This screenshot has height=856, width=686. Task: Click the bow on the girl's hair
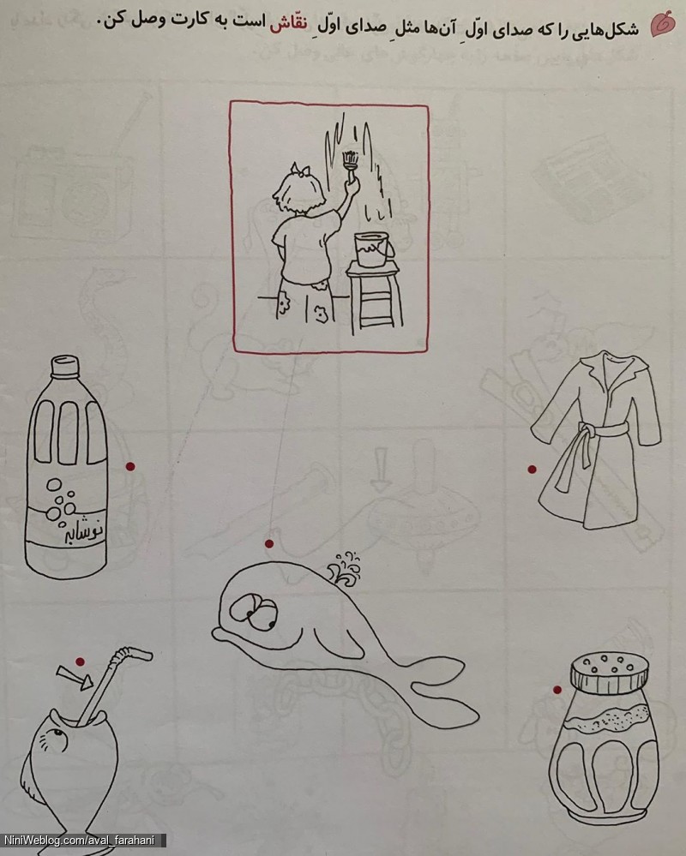(x=300, y=170)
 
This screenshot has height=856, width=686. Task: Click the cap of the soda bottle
(x=65, y=366)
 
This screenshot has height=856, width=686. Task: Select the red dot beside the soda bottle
(x=130, y=466)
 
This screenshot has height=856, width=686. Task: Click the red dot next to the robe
(x=532, y=469)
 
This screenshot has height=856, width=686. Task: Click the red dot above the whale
(x=269, y=544)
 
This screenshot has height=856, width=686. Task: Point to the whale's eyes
(x=255, y=612)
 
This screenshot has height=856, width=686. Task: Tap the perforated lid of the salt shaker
(x=610, y=672)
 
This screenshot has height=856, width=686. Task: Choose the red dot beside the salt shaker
(x=557, y=690)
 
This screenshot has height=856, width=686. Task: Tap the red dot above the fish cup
(x=81, y=661)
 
